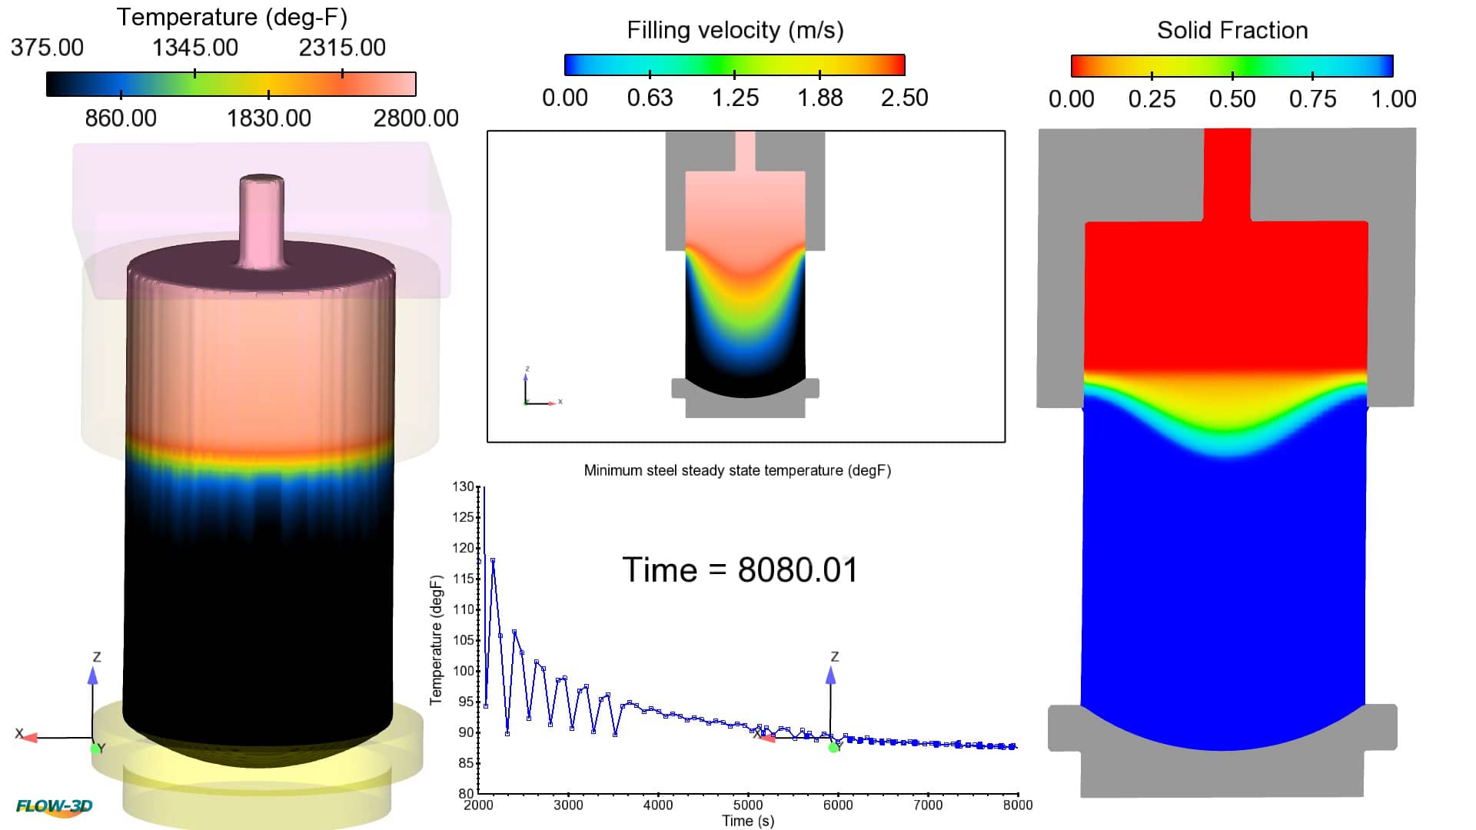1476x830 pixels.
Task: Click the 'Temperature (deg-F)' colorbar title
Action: pyautogui.click(x=231, y=17)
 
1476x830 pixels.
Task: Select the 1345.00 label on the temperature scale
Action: pyautogui.click(x=194, y=48)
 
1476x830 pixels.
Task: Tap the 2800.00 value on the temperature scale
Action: pyautogui.click(x=415, y=118)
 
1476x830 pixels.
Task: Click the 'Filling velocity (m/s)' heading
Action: pyautogui.click(x=735, y=30)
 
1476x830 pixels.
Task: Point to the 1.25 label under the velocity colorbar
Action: pyautogui.click(x=734, y=98)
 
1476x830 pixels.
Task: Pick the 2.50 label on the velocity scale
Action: pyautogui.click(x=904, y=98)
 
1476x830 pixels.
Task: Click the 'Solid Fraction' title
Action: pyautogui.click(x=1232, y=30)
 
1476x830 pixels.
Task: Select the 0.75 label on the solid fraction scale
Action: pyautogui.click(x=1312, y=99)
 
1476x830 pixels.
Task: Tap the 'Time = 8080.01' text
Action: pyautogui.click(x=740, y=570)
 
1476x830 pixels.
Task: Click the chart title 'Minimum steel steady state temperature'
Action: pyautogui.click(x=736, y=470)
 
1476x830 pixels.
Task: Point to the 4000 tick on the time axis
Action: pyautogui.click(x=657, y=805)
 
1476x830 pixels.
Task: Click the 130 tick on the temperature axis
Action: pyautogui.click(x=463, y=486)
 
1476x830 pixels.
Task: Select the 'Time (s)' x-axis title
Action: pyautogui.click(x=747, y=821)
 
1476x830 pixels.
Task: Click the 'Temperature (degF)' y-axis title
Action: pyautogui.click(x=436, y=639)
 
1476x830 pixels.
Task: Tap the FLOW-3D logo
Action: pyautogui.click(x=54, y=806)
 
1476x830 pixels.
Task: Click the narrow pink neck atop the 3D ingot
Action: pyautogui.click(x=261, y=219)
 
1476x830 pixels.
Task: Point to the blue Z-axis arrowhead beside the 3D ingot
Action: pyautogui.click(x=93, y=676)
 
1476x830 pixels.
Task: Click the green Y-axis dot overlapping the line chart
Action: pyautogui.click(x=833, y=747)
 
